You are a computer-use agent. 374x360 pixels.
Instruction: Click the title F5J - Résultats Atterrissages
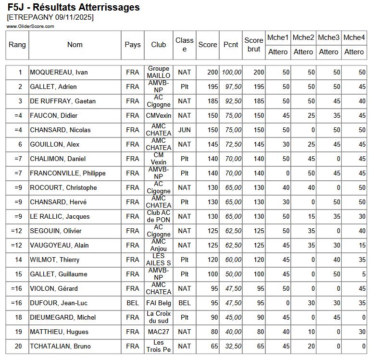(74, 7)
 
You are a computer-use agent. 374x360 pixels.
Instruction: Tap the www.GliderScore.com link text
(30, 26)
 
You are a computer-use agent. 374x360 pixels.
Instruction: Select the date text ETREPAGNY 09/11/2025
(50, 17)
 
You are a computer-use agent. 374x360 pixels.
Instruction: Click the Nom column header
(75, 45)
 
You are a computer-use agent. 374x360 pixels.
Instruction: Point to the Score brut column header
(253, 45)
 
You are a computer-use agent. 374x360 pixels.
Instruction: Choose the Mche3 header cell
(329, 37)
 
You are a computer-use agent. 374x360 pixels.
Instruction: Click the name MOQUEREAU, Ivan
(59, 73)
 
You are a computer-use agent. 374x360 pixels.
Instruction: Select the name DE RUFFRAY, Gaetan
(62, 101)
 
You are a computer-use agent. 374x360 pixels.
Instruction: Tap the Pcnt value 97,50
(232, 87)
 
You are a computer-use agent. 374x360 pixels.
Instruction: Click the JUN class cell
(184, 130)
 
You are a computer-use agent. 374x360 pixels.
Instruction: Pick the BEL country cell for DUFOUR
(133, 303)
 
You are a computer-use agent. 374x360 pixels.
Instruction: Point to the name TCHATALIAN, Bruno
(60, 347)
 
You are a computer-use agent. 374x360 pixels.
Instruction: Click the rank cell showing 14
(20, 260)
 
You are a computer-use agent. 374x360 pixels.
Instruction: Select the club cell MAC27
(159, 332)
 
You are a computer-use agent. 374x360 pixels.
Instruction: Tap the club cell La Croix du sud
(159, 318)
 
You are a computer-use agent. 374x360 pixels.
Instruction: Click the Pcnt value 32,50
(232, 347)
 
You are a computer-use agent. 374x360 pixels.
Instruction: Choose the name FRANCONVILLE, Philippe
(68, 174)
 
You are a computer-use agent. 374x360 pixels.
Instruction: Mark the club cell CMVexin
(159, 116)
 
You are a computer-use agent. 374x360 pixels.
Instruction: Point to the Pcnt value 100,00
(232, 73)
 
